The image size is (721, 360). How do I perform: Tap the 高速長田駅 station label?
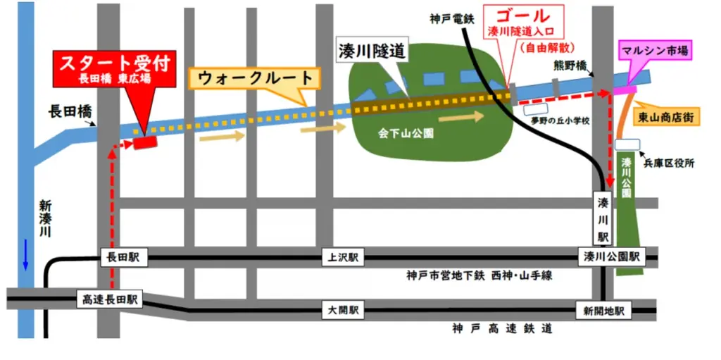click(x=108, y=299)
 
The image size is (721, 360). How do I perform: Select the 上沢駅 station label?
click(x=343, y=258)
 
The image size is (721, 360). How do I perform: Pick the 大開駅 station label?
click(x=343, y=309)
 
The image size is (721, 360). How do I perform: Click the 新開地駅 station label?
click(x=603, y=310)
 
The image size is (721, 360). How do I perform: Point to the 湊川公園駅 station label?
click(x=611, y=258)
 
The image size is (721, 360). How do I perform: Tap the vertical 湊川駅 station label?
click(x=603, y=217)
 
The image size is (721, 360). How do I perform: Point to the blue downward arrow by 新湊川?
click(x=26, y=254)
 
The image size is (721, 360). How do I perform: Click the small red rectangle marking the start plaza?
click(x=145, y=142)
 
